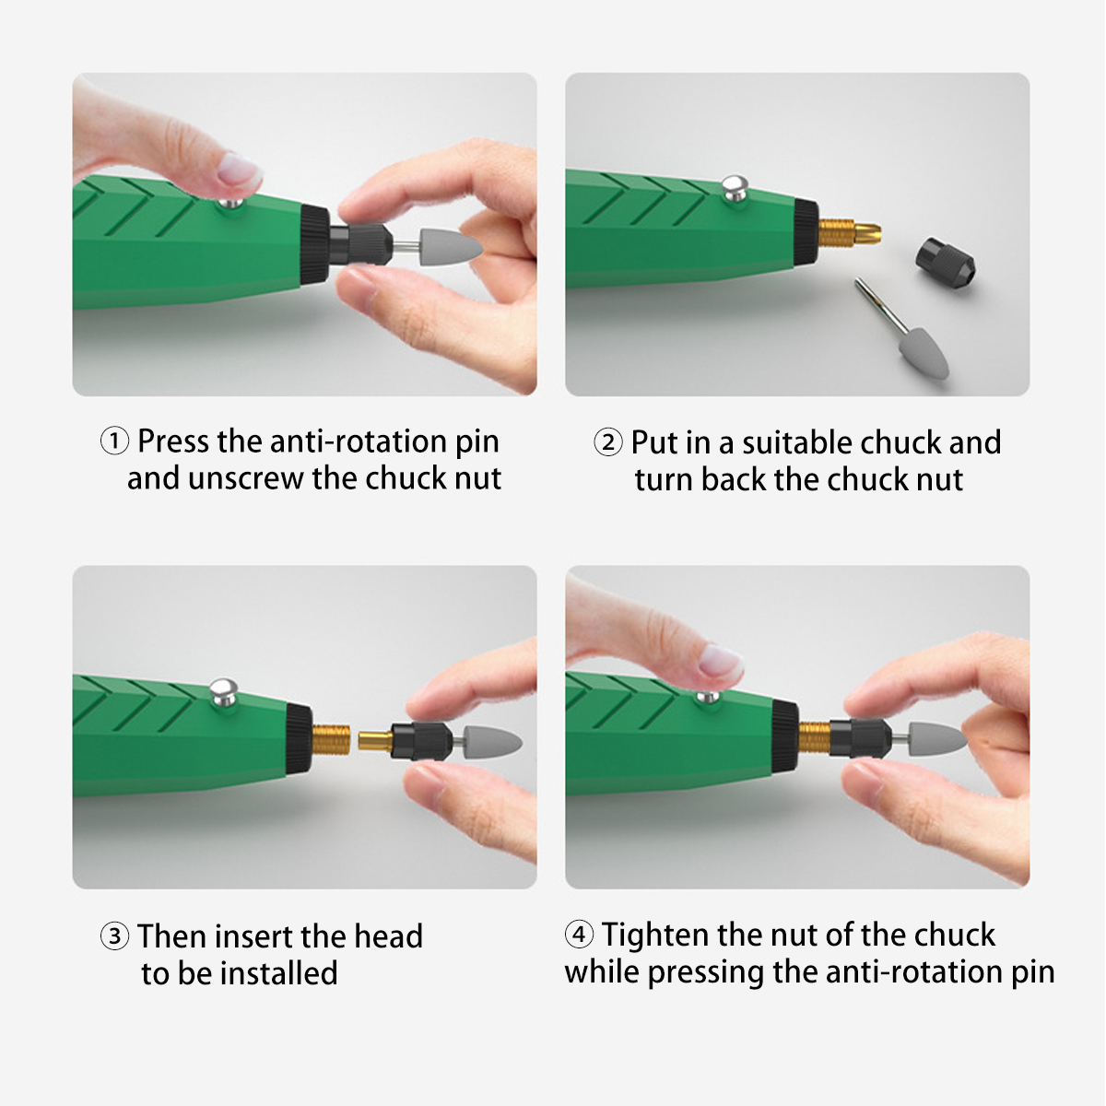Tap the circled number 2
tap(607, 442)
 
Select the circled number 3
tap(114, 936)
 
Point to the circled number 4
tap(579, 934)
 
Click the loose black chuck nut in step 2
tap(945, 264)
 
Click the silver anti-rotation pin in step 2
tap(735, 188)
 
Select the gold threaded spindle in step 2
tap(849, 231)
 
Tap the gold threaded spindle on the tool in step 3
tap(331, 739)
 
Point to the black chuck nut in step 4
tap(860, 738)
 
